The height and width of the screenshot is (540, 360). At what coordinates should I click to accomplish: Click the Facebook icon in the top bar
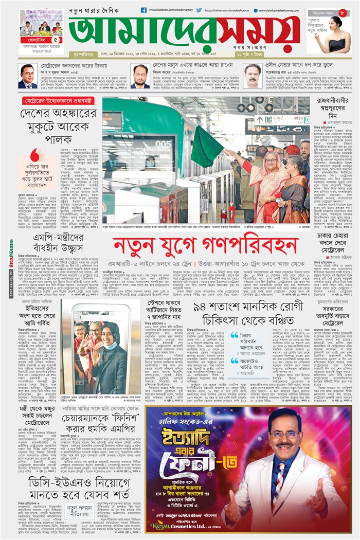point(143,10)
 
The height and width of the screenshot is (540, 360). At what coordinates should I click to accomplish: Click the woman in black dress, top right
point(334,34)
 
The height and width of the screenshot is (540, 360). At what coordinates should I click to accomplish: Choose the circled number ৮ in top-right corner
point(342,11)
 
